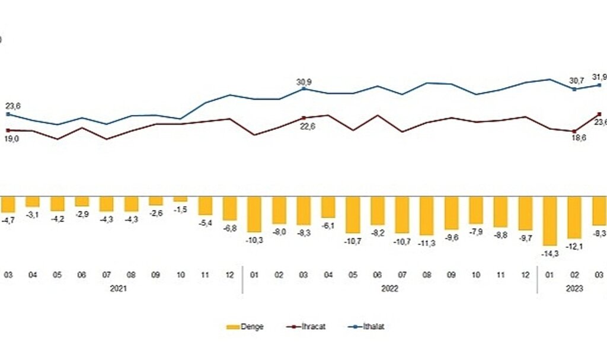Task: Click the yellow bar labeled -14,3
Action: tap(550, 221)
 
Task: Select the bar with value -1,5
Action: tap(180, 199)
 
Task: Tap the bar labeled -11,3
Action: tap(427, 216)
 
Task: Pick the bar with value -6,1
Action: tap(328, 207)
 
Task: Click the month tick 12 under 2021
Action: tap(230, 275)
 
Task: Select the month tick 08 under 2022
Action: tap(427, 275)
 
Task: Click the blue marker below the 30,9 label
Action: tap(303, 88)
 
